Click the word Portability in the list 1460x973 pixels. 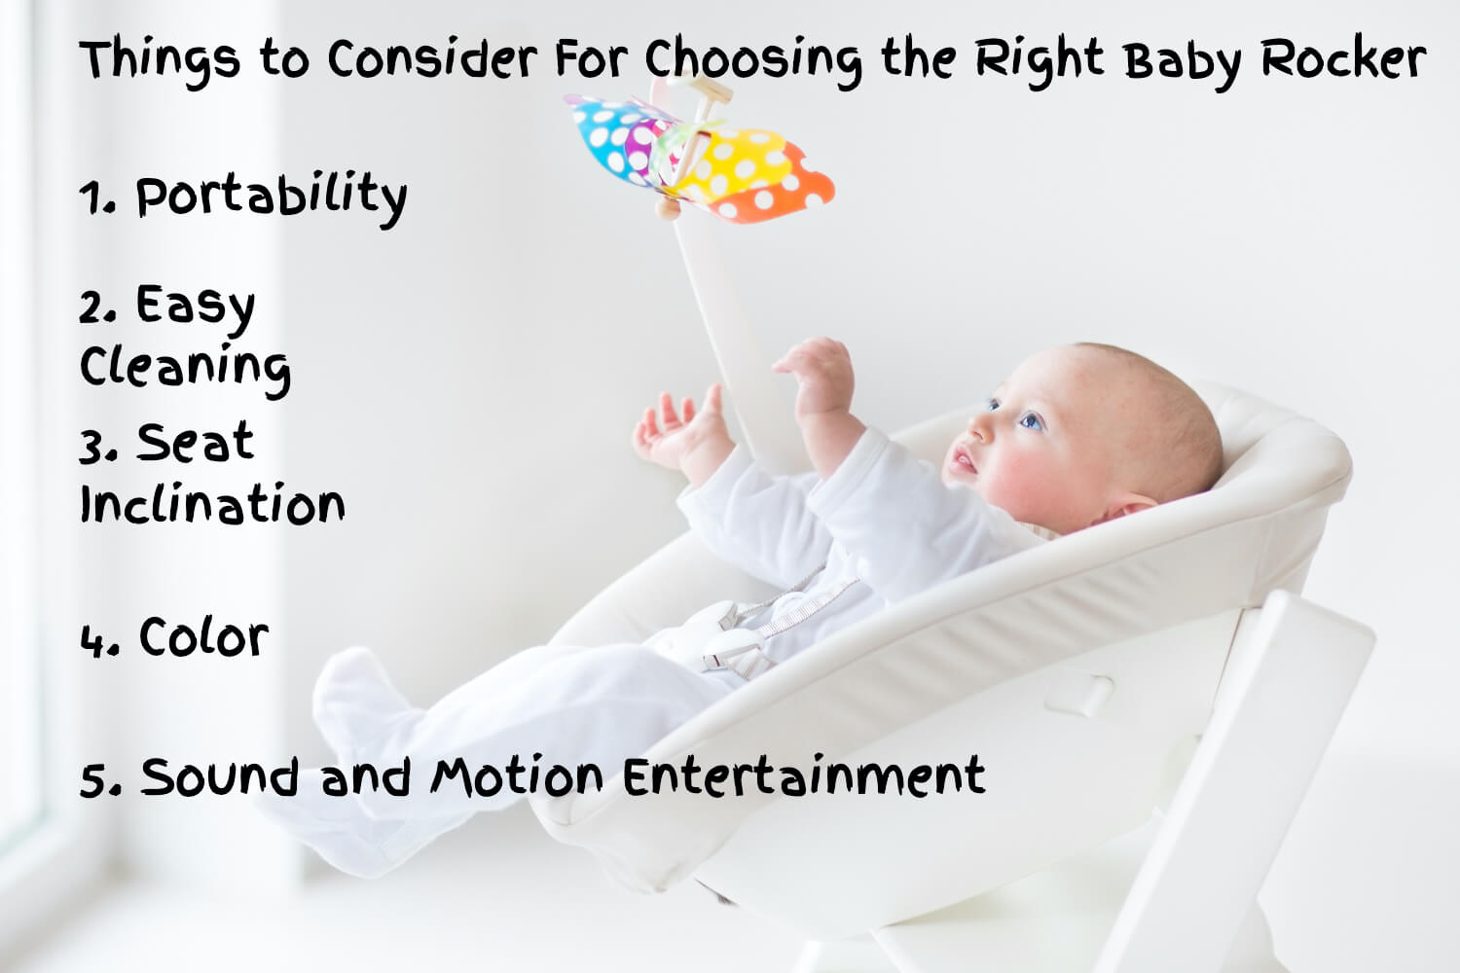[271, 197]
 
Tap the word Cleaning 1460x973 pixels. [185, 368]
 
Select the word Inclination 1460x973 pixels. [212, 505]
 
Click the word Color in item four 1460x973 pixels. [203, 638]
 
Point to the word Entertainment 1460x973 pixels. [804, 776]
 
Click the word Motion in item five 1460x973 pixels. [518, 776]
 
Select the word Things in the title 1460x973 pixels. [160, 60]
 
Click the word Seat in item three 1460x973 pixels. [195, 443]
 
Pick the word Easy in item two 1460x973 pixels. [195, 306]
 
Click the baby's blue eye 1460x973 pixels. [1030, 420]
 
